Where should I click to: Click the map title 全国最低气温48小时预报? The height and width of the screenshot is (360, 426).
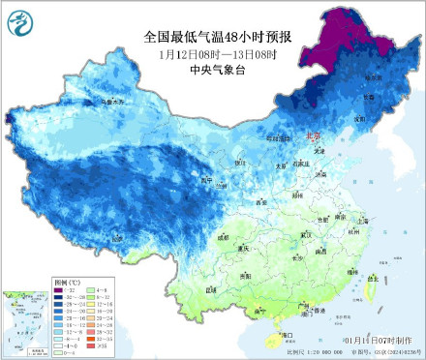pyautogui.click(x=218, y=37)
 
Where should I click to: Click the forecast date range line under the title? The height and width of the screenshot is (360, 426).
pyautogui.click(x=218, y=53)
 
